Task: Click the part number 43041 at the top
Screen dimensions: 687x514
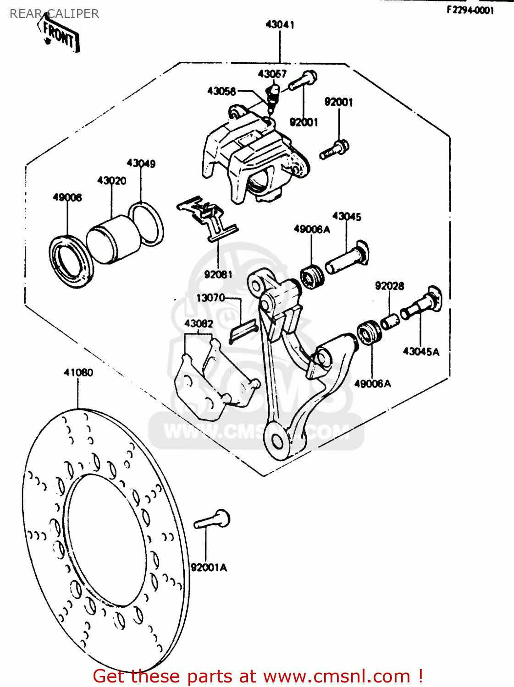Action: click(x=280, y=25)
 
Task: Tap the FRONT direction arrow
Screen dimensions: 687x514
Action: click(x=59, y=34)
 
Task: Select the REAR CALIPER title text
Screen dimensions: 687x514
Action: click(x=54, y=14)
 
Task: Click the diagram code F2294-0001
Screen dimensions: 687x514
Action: click(x=470, y=10)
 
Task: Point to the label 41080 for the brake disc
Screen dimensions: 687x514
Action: click(x=78, y=372)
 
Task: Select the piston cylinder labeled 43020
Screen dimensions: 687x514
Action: click(x=114, y=239)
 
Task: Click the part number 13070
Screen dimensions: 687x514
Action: click(x=210, y=298)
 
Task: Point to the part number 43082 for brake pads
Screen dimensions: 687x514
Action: click(x=199, y=324)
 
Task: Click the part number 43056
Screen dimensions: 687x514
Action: click(x=221, y=91)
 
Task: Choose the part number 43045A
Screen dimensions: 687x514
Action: click(x=421, y=352)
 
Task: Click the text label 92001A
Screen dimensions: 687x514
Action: click(x=209, y=567)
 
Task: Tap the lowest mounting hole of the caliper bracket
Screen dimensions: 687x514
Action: click(x=277, y=442)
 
